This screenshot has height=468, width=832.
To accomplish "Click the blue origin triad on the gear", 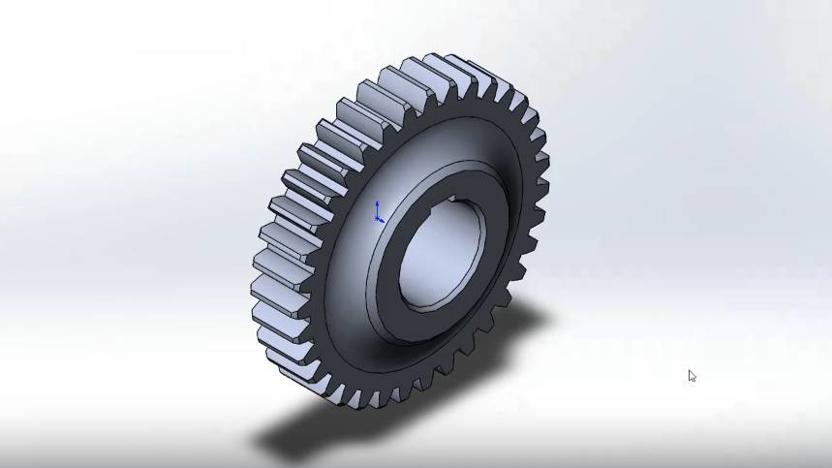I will (x=378, y=214).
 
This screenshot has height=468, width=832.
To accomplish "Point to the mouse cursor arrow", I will (x=692, y=375).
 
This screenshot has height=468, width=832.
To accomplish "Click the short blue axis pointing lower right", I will (x=382, y=220).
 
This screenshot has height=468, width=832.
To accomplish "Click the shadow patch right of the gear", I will (x=528, y=320).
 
